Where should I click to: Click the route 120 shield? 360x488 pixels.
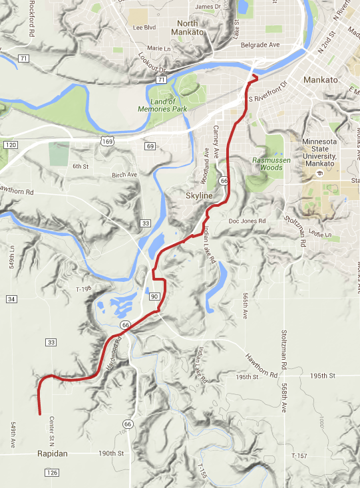tap(9, 144)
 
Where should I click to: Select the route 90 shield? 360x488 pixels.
tap(154, 296)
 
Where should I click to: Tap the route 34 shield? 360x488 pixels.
tap(12, 299)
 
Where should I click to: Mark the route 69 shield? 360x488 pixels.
tap(150, 146)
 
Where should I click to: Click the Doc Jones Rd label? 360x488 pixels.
tap(247, 221)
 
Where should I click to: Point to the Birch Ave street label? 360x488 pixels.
tap(124, 175)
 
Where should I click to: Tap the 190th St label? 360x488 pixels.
tap(112, 453)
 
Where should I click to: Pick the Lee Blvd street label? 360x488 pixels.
tap(144, 28)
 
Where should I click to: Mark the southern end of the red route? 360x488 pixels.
tap(40, 415)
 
